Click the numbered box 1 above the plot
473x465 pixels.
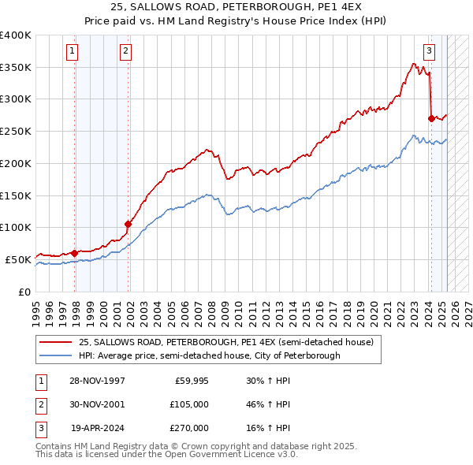(72, 52)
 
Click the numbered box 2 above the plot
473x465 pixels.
(125, 52)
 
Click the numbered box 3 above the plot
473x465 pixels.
(430, 52)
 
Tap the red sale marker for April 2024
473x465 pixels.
(431, 119)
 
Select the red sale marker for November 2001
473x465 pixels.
(128, 224)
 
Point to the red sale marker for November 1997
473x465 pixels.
(75, 253)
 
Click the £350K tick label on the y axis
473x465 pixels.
(15, 68)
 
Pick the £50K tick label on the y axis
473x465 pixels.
(18, 259)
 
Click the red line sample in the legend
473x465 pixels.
(54, 342)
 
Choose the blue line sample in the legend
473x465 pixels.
(54, 355)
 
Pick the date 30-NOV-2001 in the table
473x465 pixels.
(99, 404)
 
